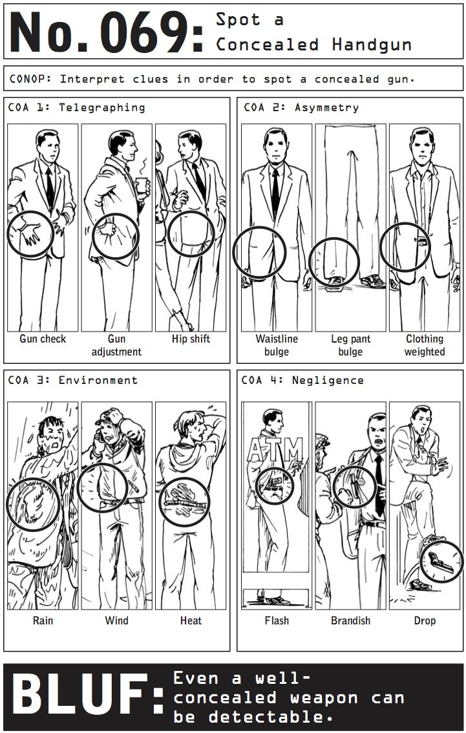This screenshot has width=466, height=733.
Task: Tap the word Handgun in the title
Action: click(x=372, y=45)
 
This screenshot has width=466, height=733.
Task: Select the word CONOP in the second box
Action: click(x=30, y=79)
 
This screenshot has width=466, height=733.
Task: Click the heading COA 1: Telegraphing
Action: click(x=77, y=107)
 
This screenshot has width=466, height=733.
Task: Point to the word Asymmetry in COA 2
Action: click(x=326, y=107)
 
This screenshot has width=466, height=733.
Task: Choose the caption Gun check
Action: click(x=43, y=339)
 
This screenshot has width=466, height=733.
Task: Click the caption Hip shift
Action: click(x=191, y=339)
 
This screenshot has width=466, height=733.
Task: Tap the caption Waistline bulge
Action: click(x=276, y=345)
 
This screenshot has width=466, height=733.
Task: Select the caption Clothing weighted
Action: click(x=425, y=345)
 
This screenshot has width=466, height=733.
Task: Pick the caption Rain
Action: click(x=43, y=621)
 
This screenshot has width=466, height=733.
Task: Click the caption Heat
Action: click(x=191, y=621)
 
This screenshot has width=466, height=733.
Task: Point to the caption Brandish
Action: click(x=350, y=621)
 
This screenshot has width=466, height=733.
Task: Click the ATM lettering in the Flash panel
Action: click(x=275, y=450)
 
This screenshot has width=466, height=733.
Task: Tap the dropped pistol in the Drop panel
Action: click(x=440, y=562)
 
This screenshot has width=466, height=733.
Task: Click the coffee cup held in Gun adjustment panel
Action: click(x=141, y=186)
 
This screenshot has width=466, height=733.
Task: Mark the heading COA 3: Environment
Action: click(x=73, y=380)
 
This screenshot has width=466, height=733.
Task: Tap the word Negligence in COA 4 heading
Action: click(x=328, y=380)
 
